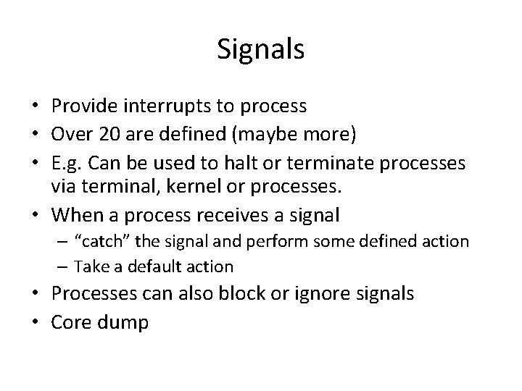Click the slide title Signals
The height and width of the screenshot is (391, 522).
click(x=260, y=50)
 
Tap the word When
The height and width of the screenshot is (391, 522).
click(x=79, y=215)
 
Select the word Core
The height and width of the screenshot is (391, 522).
click(x=70, y=321)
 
